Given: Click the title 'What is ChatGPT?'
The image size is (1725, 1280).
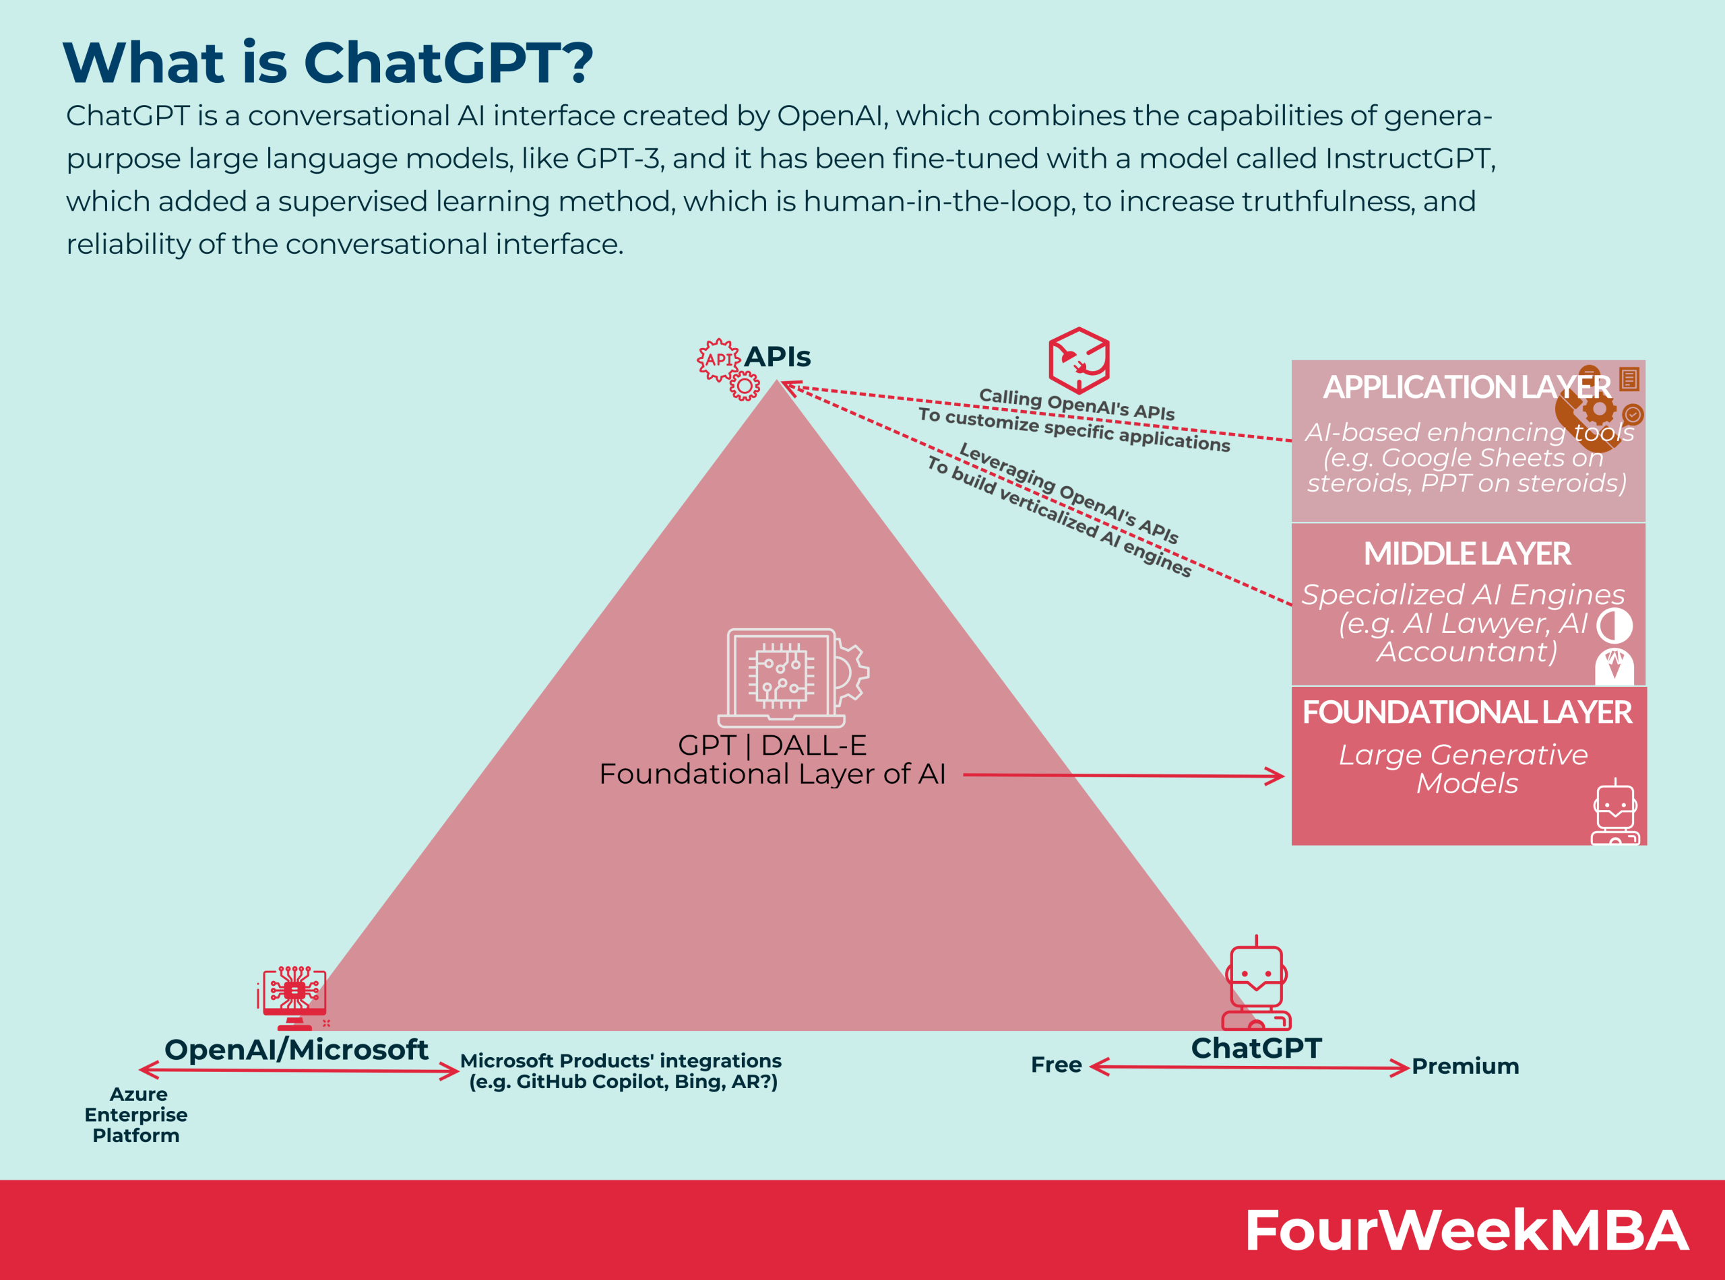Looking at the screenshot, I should pos(327,62).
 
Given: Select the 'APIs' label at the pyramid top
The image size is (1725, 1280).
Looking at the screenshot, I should pos(777,356).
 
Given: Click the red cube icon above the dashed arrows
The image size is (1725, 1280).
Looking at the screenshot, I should pos(1078,360).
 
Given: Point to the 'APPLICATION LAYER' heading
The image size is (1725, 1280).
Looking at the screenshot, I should pos(1466,386).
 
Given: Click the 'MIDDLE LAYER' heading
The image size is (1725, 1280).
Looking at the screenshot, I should pos(1467,553).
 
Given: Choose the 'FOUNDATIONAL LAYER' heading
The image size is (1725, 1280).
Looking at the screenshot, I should pos(1467,712).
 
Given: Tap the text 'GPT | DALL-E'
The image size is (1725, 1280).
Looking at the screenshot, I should pos(772,745).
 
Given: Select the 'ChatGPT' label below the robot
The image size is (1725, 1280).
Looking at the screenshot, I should pos(1256,1048).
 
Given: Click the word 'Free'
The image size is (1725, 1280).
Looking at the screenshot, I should pos(1056,1065).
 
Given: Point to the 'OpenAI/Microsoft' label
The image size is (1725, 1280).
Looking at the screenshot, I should pos(296,1050).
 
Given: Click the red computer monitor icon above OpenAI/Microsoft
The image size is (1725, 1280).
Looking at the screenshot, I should pos(294,997).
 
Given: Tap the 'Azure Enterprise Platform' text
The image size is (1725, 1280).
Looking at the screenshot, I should pos(136,1114).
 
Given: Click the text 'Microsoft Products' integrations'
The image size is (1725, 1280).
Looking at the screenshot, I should pos(620,1060).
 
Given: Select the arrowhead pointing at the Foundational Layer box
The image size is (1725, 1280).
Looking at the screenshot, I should pos(1276,776).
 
